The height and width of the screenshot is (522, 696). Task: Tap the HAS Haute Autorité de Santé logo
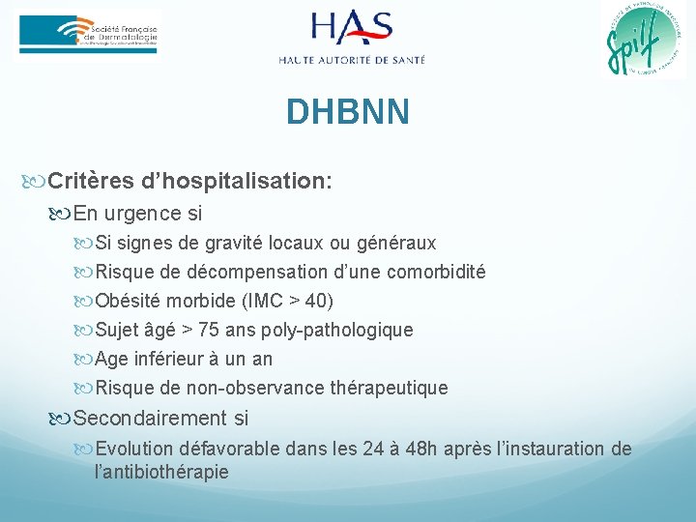[351, 38]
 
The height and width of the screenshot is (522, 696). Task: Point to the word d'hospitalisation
[236, 181]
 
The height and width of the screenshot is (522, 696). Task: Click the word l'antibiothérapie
[162, 472]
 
